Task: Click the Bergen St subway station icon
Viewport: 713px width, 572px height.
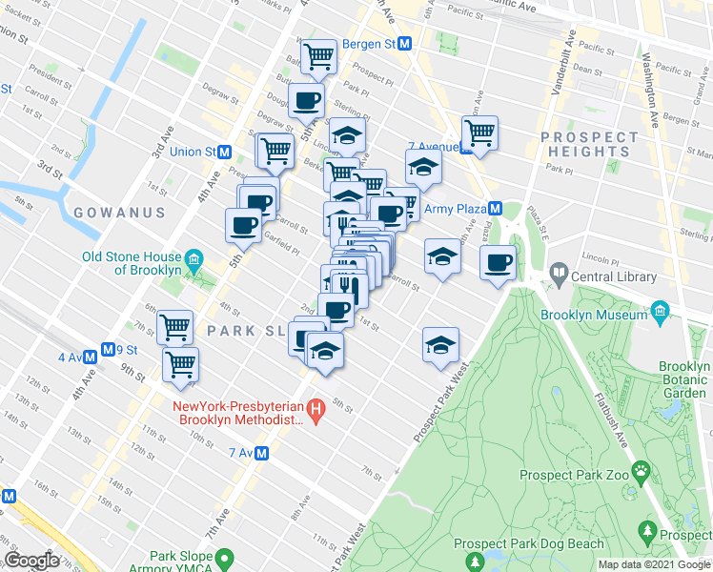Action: pyautogui.click(x=404, y=44)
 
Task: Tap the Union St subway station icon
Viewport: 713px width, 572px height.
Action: pyautogui.click(x=225, y=152)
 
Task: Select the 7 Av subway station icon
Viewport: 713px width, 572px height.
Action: pyautogui.click(x=259, y=455)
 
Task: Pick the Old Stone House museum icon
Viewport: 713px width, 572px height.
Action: pyautogui.click(x=194, y=259)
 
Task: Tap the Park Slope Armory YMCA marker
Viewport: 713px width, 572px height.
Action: pyautogui.click(x=225, y=558)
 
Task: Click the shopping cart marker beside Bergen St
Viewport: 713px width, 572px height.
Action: pyautogui.click(x=318, y=56)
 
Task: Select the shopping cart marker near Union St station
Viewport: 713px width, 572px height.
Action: pyautogui.click(x=275, y=150)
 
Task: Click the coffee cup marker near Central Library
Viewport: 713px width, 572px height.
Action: pyautogui.click(x=498, y=261)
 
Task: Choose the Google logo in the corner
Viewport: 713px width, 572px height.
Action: pyautogui.click(x=31, y=561)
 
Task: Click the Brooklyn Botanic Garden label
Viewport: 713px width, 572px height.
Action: pyautogui.click(x=685, y=379)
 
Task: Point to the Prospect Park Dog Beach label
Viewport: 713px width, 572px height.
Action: pyautogui.click(x=542, y=544)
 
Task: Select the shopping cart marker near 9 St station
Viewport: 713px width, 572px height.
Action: pyautogui.click(x=180, y=362)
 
